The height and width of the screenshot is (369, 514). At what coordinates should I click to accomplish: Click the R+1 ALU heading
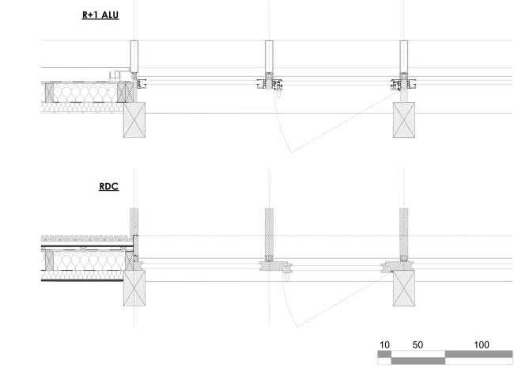click(x=100, y=15)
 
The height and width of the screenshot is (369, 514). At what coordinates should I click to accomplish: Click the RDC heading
click(x=109, y=186)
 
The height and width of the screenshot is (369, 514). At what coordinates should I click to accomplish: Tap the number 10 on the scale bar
click(x=384, y=344)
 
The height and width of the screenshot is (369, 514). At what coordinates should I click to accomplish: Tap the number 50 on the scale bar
click(x=418, y=344)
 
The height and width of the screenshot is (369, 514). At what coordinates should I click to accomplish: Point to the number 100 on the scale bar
click(x=482, y=344)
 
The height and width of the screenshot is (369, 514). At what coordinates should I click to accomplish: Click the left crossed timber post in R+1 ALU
click(x=134, y=120)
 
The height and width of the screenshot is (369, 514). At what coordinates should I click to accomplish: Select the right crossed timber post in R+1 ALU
click(x=404, y=120)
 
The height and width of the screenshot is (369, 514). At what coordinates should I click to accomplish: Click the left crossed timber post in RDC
click(x=134, y=288)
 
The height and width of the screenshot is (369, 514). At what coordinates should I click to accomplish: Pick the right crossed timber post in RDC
click(x=404, y=288)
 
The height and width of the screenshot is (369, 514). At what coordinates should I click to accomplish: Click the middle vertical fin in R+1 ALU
click(x=269, y=56)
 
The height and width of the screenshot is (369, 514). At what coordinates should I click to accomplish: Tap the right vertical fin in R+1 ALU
click(x=404, y=56)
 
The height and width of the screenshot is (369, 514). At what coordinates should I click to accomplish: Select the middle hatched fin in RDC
click(x=269, y=232)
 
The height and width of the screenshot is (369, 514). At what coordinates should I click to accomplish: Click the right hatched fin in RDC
click(x=404, y=232)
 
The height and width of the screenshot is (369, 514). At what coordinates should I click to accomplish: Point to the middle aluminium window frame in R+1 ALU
click(x=270, y=84)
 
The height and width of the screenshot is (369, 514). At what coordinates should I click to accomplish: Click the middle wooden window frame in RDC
click(x=275, y=266)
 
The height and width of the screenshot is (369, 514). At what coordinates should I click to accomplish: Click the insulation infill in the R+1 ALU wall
click(x=85, y=93)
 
